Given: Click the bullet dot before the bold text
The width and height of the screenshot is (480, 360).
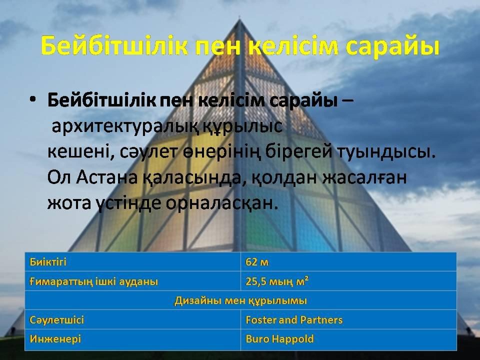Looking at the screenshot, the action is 33,100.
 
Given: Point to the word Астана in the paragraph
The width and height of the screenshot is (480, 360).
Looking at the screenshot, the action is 107,177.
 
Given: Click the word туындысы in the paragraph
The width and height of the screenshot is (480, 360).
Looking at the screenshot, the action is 386,152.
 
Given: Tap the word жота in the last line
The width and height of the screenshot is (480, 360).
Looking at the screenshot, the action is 69,203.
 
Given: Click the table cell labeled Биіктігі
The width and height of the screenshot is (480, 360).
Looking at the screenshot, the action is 48,262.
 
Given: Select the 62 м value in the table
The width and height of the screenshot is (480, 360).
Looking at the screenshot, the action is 257,262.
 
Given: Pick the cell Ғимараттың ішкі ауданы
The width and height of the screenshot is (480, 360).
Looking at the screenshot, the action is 93,281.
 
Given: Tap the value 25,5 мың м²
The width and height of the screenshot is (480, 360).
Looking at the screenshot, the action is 276,281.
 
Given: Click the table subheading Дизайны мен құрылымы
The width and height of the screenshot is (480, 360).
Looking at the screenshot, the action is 240,300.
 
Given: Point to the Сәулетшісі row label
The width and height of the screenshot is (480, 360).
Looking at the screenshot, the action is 56,320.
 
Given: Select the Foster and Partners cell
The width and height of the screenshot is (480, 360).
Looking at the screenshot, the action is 294,320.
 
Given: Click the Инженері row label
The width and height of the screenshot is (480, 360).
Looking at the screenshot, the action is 55,339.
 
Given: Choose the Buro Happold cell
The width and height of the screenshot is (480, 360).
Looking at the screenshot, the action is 280,339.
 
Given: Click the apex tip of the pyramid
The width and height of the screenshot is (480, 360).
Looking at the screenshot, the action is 239,19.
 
